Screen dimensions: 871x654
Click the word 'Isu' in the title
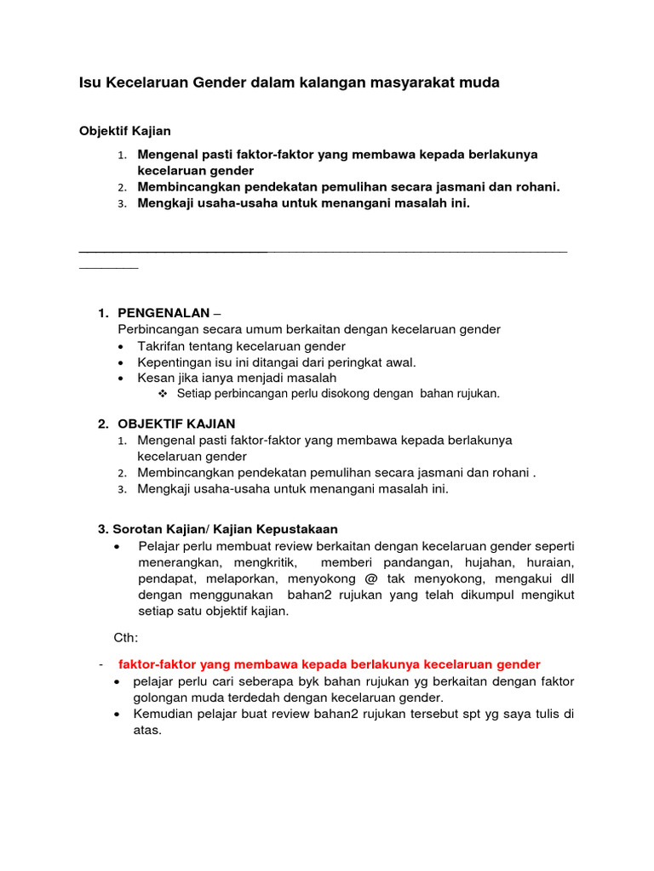pyautogui.click(x=89, y=83)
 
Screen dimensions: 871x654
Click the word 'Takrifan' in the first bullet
pyautogui.click(x=162, y=346)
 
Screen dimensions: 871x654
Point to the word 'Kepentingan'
pyautogui.click(x=173, y=362)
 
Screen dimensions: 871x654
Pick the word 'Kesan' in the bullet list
pyautogui.click(x=154, y=378)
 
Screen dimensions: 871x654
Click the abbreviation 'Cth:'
pyautogui.click(x=126, y=637)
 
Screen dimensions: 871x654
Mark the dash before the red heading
pyautogui.click(x=100, y=664)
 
